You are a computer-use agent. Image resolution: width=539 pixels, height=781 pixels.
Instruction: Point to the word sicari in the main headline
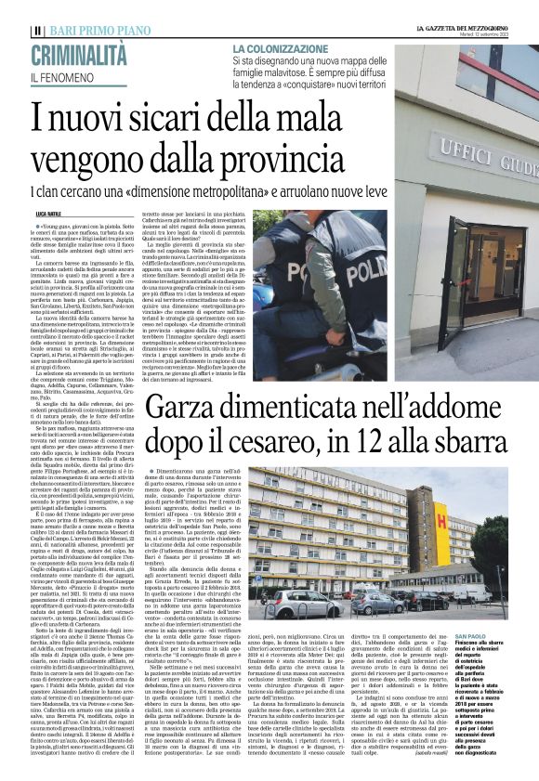click(141, 120)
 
